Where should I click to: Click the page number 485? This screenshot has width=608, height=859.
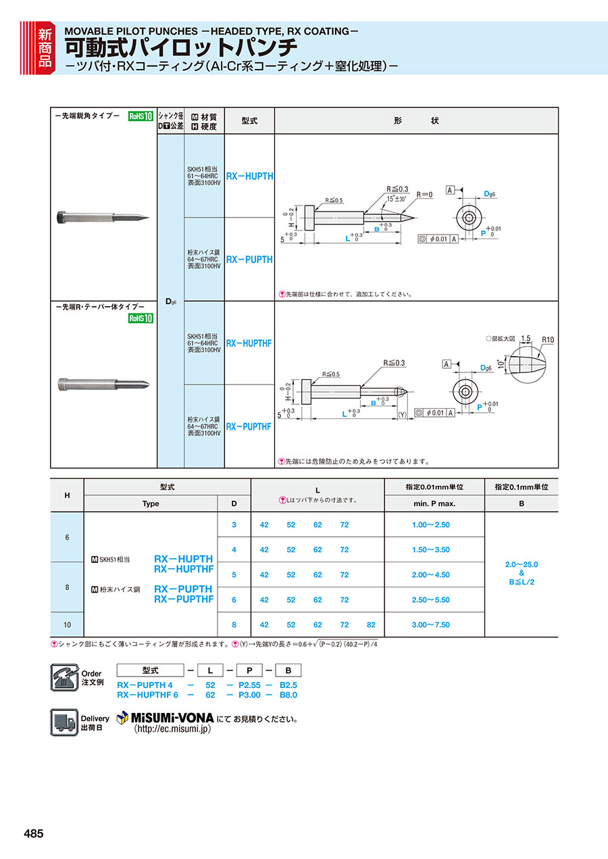(x=34, y=834)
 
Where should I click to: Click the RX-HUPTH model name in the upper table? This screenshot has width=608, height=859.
(x=249, y=176)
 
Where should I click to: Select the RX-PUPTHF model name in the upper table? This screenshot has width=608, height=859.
(x=249, y=426)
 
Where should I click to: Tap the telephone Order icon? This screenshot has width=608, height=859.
(x=65, y=677)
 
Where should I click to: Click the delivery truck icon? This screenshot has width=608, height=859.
(x=65, y=722)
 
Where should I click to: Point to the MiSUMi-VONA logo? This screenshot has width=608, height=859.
(x=166, y=717)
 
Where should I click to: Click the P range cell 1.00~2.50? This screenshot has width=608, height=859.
(x=430, y=524)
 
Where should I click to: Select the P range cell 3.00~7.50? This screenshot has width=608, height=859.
(x=430, y=624)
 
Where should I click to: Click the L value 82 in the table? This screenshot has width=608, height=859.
(x=371, y=624)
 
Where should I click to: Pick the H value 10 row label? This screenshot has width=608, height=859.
(x=67, y=624)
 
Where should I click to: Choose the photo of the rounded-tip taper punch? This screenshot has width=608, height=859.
(x=103, y=384)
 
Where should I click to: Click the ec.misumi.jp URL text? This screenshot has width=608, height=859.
(x=172, y=729)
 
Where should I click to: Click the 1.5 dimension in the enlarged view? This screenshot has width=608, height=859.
(x=526, y=338)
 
